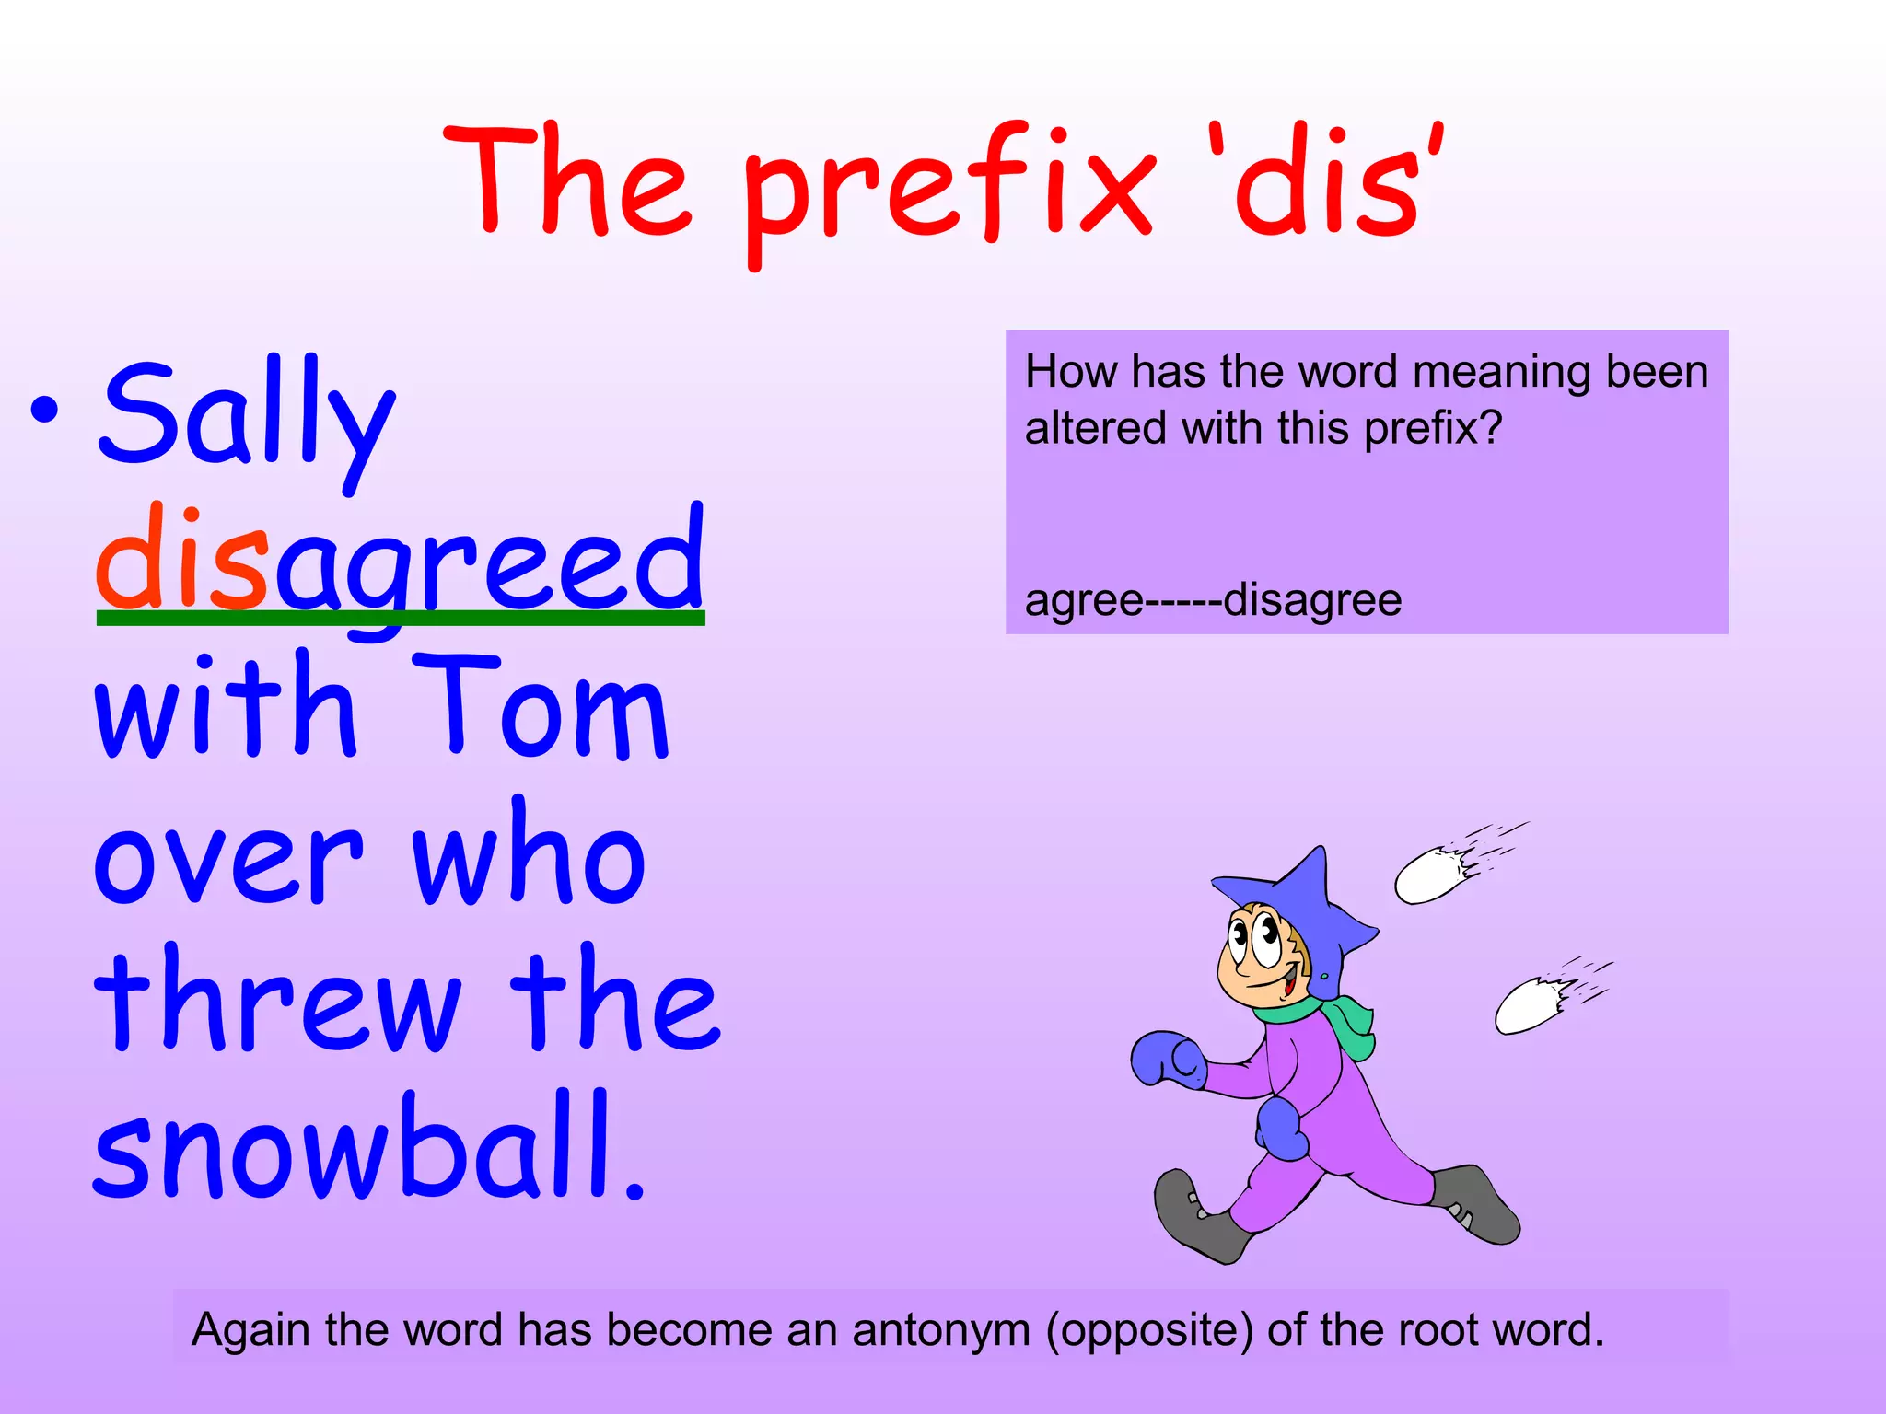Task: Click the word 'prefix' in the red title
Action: tap(949, 184)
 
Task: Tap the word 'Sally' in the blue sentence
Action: tap(247, 416)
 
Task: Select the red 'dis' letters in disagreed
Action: tap(182, 560)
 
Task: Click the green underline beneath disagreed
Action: tap(401, 619)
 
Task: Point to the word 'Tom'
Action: tap(540, 707)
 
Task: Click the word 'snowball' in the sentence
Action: tap(355, 1146)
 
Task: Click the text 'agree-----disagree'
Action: tap(1213, 600)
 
